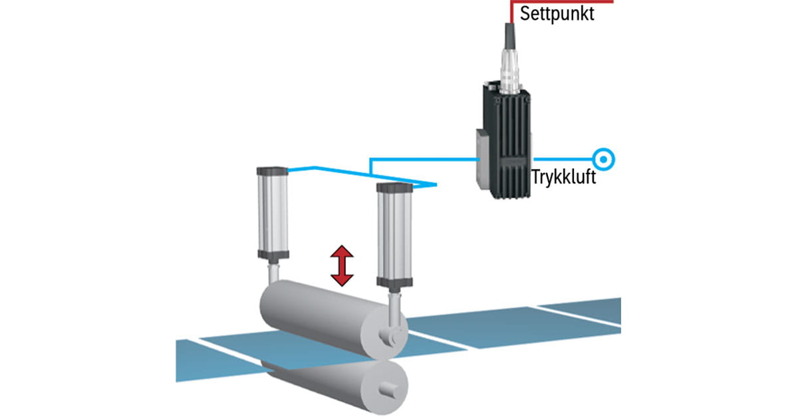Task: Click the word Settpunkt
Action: point(557,13)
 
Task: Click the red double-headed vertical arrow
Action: point(342,265)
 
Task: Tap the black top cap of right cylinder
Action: point(396,188)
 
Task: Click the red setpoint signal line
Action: point(565,2)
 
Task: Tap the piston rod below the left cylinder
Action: point(273,273)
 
